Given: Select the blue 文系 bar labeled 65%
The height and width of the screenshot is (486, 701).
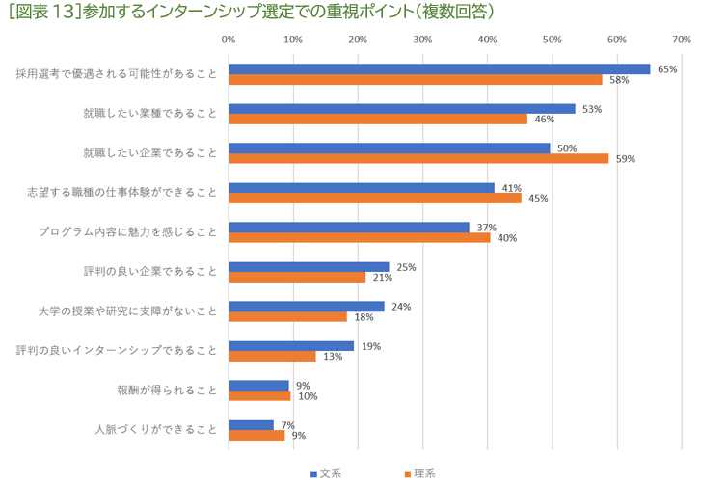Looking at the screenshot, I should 439,69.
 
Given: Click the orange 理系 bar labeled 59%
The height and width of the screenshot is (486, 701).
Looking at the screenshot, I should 418,158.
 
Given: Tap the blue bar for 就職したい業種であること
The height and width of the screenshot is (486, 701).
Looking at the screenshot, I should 401,109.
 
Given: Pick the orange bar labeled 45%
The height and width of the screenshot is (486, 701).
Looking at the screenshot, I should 374,198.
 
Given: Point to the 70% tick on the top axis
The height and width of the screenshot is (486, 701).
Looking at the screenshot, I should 681,40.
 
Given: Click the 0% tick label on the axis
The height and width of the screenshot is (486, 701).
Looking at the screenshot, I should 229,40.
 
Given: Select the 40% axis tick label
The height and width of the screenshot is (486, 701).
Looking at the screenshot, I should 487,40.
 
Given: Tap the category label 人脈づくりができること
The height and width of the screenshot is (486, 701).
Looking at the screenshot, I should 156,430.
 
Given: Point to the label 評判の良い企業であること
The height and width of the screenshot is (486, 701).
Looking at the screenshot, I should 150,272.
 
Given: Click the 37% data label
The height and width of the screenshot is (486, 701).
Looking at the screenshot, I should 486,228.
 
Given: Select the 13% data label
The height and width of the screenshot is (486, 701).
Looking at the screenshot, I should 333,356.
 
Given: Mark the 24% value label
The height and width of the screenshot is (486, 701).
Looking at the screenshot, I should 401,307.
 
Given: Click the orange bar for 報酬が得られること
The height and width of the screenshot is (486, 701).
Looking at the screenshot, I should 259,395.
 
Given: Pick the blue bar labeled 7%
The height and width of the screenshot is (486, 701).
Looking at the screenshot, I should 251,424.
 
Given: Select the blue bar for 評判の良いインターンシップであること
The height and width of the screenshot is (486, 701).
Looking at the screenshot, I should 291,346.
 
